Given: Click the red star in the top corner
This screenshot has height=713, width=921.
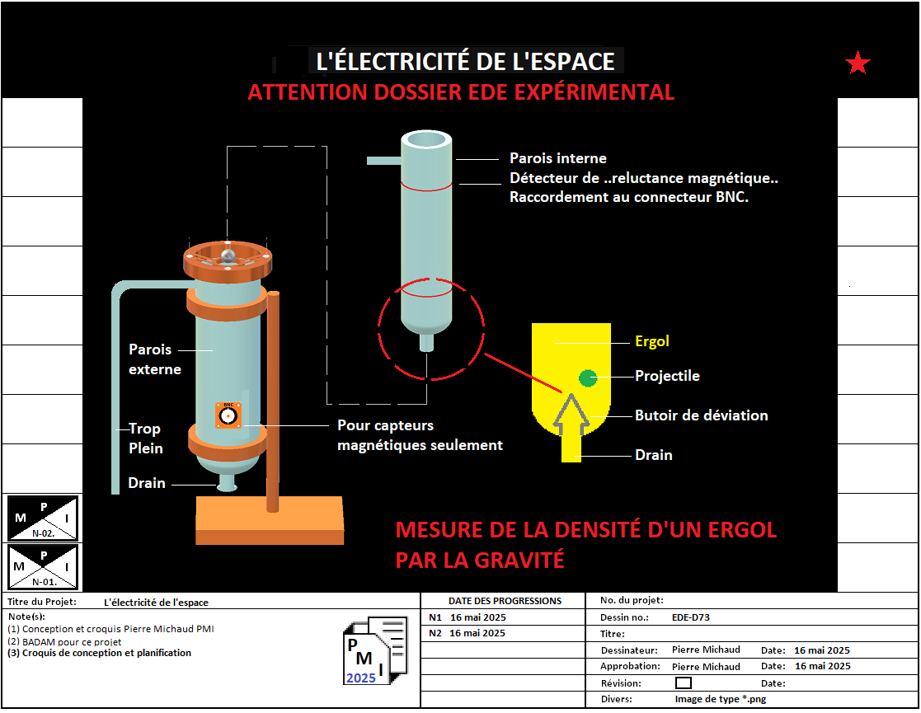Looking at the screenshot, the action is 858,63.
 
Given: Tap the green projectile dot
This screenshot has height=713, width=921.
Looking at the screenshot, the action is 588,378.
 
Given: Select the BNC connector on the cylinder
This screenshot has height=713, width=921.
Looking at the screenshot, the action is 228,415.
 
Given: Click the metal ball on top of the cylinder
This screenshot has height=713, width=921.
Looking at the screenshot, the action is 228,255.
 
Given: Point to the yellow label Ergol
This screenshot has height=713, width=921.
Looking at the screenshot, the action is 652,341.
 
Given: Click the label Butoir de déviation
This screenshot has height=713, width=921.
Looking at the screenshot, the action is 702,415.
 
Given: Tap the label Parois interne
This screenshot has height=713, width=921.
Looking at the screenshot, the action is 558,158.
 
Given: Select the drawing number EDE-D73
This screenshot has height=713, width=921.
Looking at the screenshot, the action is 691,617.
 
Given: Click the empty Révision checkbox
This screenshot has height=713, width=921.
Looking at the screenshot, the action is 683,683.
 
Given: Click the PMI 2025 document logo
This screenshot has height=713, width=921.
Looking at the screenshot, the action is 374,650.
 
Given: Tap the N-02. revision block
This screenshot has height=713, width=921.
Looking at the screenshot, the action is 42,518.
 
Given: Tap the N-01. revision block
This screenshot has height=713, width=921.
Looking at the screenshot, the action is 42,567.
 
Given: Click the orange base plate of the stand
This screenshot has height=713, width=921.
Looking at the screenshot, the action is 270,520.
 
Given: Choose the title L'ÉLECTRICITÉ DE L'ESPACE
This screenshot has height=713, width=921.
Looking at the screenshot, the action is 465,61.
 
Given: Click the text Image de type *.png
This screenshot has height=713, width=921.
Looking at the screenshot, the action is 720,699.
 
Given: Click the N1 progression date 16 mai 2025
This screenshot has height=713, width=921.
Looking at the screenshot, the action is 477,617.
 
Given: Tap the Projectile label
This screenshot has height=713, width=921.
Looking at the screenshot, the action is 667,376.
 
